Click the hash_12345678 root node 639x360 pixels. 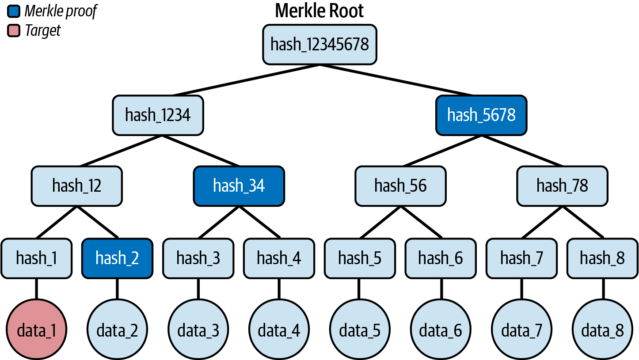coord(319,44)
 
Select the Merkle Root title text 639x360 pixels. coord(319,11)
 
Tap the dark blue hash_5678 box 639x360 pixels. coord(481,115)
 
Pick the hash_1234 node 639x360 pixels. coord(158,115)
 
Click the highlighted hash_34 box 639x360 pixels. coord(239,186)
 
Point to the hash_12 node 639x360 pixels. coord(76,186)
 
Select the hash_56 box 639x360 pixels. coord(400,186)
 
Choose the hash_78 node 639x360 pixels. coord(562,186)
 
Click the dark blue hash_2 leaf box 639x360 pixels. coord(117,258)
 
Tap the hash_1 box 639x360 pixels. coord(36,258)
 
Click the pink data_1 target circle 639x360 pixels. coord(36,330)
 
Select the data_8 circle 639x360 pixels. coord(602,330)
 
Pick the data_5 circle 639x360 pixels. coord(360,330)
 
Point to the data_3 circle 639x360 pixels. coord(198,330)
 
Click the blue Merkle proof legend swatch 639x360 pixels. coord(14,11)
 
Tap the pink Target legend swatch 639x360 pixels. coord(14,30)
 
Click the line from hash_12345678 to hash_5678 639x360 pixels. coord(398,80)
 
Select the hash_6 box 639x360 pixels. coord(441,258)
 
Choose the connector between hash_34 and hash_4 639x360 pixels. coord(259,222)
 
